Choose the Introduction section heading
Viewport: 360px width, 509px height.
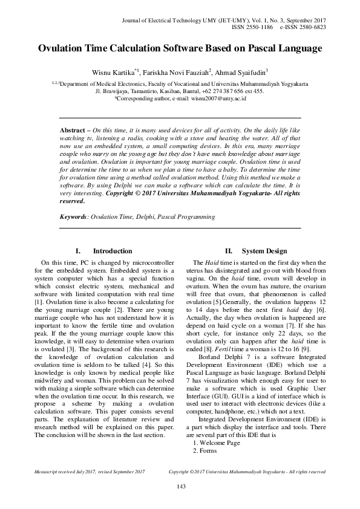112,251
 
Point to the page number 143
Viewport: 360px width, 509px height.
180,487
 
